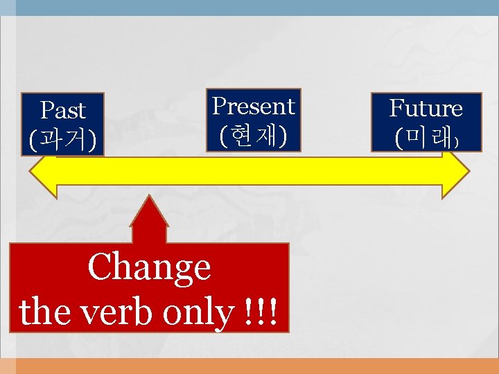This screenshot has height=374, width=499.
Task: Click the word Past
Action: coord(63,110)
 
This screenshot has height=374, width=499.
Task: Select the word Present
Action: coord(253,106)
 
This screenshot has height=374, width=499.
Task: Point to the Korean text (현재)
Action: coord(253,135)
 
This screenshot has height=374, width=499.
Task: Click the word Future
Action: coord(426,109)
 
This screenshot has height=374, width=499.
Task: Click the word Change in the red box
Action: coord(149,267)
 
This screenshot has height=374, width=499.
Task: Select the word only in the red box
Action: coord(202,313)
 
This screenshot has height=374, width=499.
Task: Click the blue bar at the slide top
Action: coord(249,8)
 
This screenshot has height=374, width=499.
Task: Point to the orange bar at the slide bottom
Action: coord(249,366)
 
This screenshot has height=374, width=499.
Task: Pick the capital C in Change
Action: coord(100,267)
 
